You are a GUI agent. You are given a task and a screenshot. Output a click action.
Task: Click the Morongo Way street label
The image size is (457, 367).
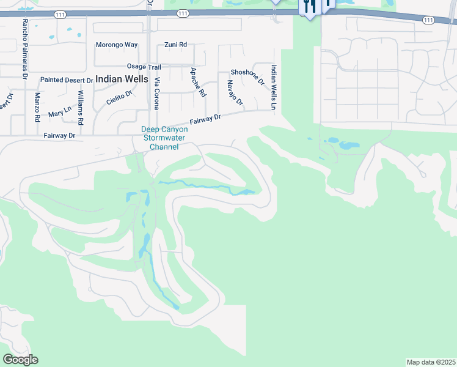coord(117,45)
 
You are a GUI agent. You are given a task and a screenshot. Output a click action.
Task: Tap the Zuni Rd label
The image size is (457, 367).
coord(175,45)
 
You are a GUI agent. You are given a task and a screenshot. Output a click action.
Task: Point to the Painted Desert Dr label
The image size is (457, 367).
coord(67,80)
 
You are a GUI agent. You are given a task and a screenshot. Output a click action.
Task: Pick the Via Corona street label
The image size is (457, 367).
coord(156,94)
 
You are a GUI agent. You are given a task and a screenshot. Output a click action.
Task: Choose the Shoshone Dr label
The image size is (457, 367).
coord(247,76)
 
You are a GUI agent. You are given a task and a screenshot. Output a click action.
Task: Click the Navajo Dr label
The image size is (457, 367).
coord(235,92)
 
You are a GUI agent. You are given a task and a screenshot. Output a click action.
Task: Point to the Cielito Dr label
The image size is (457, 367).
coord(119,98)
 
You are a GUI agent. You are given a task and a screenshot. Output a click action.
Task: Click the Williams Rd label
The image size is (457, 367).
coord(81,103)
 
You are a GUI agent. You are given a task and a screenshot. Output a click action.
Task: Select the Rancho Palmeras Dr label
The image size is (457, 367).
coord(25,49)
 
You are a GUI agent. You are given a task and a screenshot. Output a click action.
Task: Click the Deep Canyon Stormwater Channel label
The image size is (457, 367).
coord(161,138)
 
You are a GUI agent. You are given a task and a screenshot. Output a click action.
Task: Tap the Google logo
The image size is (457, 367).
coord(20,360)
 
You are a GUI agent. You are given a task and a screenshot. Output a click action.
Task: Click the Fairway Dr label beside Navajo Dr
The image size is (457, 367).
coord(204,117)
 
